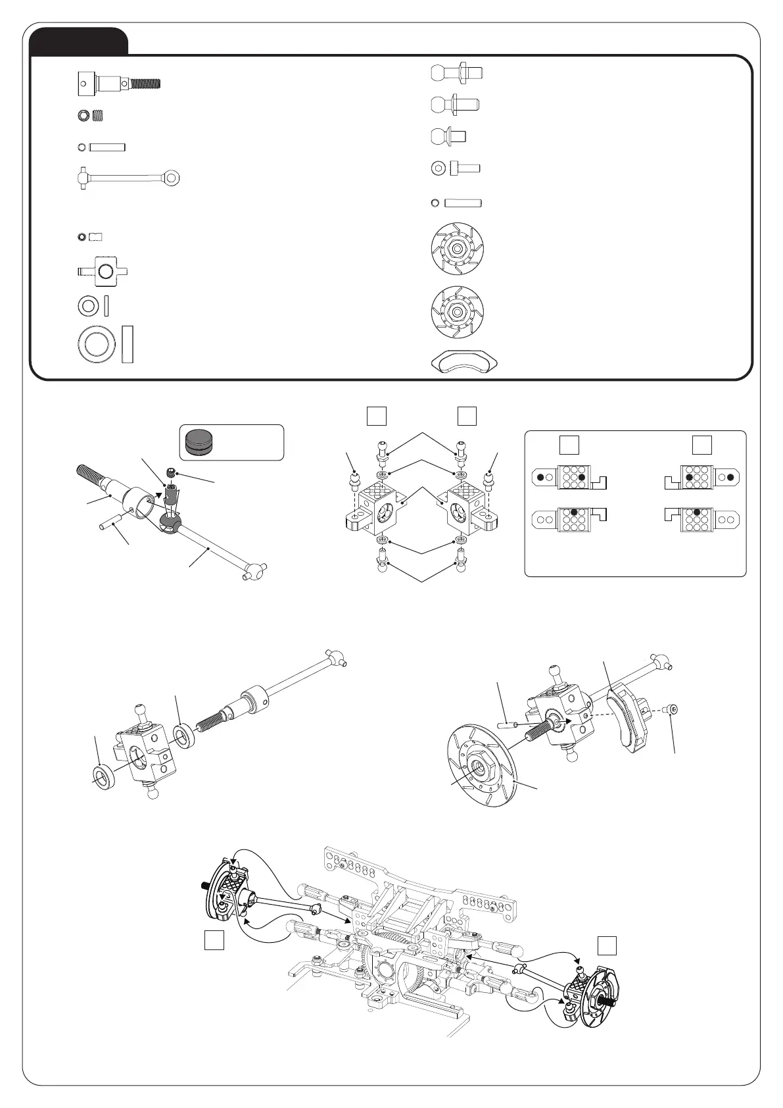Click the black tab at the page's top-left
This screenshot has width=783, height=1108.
pyautogui.click(x=79, y=41)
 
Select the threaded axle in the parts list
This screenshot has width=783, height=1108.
pyautogui.click(x=119, y=84)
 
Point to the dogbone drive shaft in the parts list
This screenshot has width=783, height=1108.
pyautogui.click(x=126, y=177)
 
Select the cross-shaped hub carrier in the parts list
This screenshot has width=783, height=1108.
pyautogui.click(x=103, y=271)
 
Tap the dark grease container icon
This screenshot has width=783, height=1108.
pyautogui.click(x=199, y=442)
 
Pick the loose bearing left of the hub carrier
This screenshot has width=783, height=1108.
pyautogui.click(x=105, y=776)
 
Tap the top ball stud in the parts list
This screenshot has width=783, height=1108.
pyautogui.click(x=457, y=71)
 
